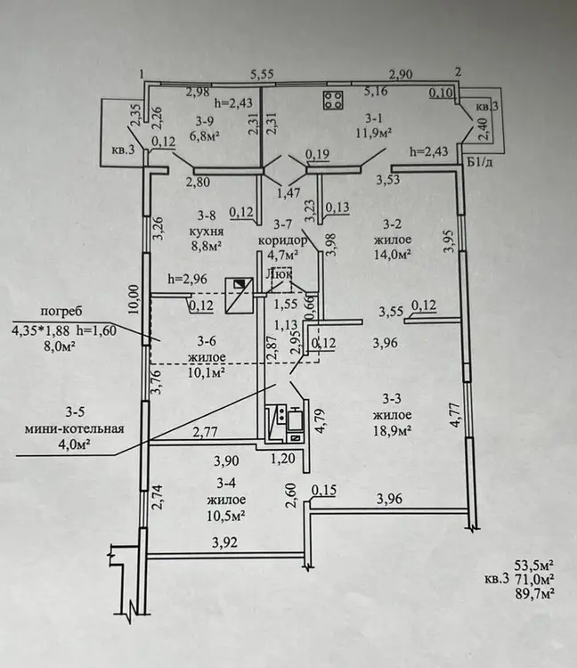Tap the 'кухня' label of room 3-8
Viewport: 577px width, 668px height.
click(207, 230)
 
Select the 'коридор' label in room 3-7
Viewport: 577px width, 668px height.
click(283, 240)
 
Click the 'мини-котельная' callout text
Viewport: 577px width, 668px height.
click(74, 428)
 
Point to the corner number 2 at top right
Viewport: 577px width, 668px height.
click(458, 72)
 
